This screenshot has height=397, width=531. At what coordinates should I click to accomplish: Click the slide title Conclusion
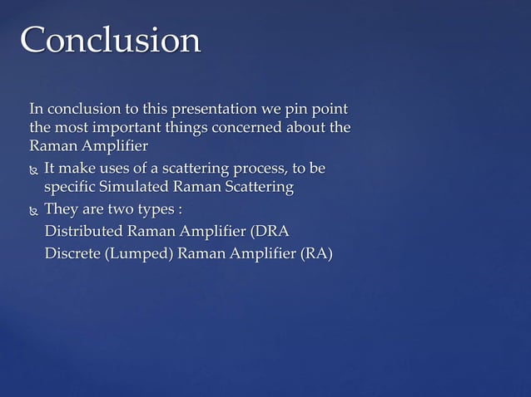pos(110,40)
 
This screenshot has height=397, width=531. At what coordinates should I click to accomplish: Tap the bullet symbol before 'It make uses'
pos(33,170)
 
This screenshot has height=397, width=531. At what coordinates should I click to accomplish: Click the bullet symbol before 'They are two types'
pos(33,209)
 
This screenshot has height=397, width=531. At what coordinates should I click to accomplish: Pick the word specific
pos(70,188)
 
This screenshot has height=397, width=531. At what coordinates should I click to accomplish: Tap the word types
pos(152,208)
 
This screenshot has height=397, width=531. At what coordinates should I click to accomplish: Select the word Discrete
pos(72,253)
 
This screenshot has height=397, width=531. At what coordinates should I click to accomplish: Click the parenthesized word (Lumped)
pos(139,253)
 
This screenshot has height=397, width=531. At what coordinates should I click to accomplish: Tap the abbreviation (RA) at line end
pos(315,253)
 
